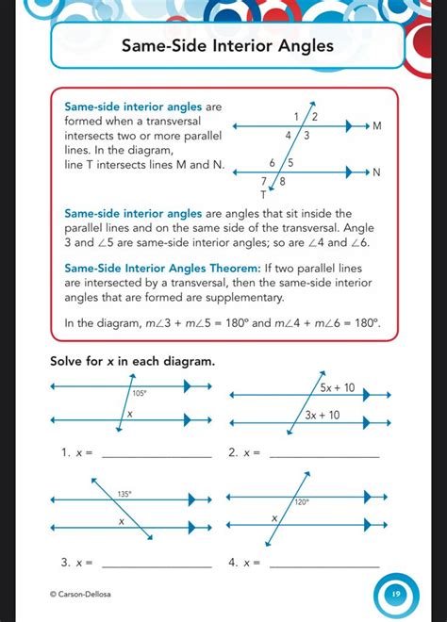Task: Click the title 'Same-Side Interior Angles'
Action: click(227, 46)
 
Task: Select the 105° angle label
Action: click(140, 394)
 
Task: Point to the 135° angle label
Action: click(124, 493)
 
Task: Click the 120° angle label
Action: click(302, 502)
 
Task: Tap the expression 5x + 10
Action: click(337, 387)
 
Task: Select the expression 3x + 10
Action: click(323, 414)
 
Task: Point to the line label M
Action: click(377, 125)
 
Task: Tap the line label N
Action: click(376, 172)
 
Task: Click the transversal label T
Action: click(264, 194)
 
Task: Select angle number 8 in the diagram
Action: click(282, 181)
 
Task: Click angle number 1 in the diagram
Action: click(297, 116)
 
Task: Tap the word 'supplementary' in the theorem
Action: click(242, 297)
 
